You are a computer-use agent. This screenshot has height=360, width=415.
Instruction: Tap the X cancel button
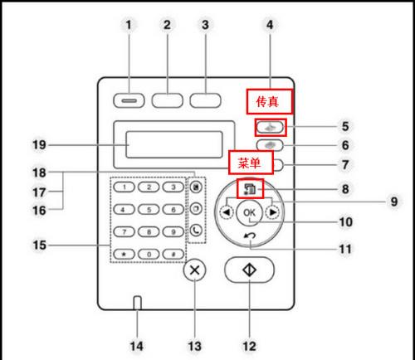[x=195, y=270]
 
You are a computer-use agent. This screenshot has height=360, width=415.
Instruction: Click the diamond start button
[x=249, y=270]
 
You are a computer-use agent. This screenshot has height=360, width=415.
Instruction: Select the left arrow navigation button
[x=227, y=212]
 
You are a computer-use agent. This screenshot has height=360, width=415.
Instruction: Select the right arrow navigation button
[x=272, y=212]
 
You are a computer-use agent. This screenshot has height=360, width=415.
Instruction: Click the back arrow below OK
[x=250, y=236]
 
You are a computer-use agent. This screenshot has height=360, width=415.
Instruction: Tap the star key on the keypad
[x=124, y=254]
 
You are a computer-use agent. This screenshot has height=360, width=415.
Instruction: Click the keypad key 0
[x=149, y=254]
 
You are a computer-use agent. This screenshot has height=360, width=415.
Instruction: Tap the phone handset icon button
[x=196, y=230]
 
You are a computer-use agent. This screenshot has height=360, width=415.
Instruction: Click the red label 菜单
[x=251, y=163]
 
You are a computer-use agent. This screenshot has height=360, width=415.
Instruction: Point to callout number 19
[x=39, y=144]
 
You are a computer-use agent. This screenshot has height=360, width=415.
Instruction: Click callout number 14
[x=137, y=346]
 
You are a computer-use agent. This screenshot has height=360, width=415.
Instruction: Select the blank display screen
[x=174, y=145]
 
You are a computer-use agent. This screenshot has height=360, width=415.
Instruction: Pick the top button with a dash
[x=129, y=100]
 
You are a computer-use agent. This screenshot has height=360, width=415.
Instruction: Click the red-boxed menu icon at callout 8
[x=250, y=188]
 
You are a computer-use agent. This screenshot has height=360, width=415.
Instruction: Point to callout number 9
[x=394, y=202]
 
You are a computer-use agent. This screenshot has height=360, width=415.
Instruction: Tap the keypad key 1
[x=124, y=187]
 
